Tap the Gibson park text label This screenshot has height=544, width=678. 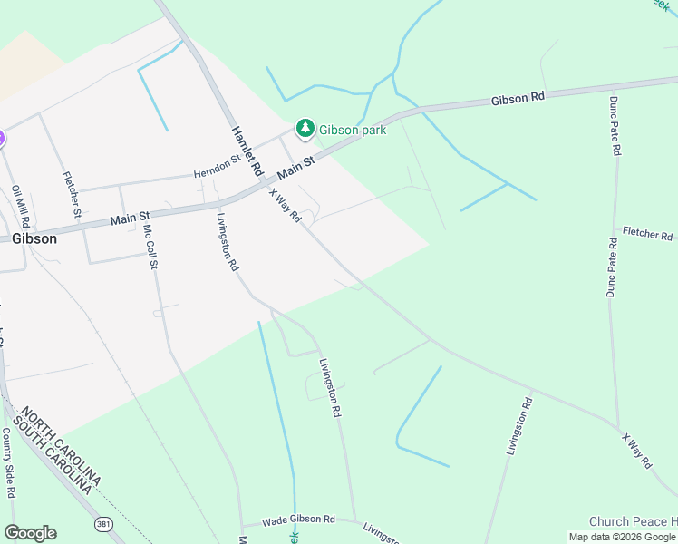click(x=353, y=131)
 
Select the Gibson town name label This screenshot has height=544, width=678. click(x=34, y=239)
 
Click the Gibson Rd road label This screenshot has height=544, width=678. click(x=518, y=97)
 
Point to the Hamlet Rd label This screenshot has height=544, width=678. click(x=246, y=150)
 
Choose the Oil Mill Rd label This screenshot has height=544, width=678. click(x=21, y=207)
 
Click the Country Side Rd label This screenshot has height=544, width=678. click(x=9, y=463)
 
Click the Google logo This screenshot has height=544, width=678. click(x=30, y=533)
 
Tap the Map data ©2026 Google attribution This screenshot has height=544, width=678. click(x=622, y=537)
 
